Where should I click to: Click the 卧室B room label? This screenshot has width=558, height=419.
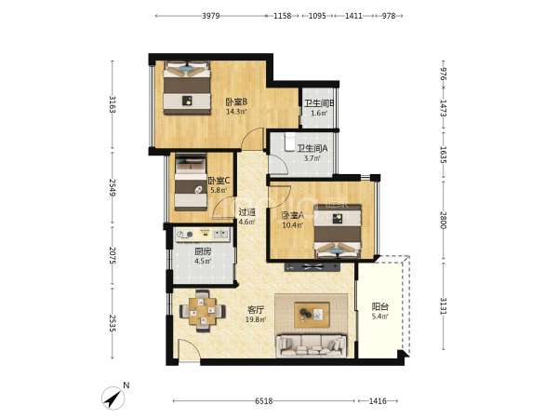pos(236,101)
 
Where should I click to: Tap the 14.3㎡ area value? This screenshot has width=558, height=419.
pos(236,112)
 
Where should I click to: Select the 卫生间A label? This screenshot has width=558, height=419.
pos(312,148)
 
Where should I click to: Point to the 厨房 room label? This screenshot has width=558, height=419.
pos(203,251)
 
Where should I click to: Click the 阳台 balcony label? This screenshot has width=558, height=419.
pos(379,306)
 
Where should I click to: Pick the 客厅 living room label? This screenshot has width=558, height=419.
pos(256,310)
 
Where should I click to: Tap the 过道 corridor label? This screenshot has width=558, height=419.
pos(247,212)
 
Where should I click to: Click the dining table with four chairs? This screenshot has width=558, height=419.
pos(203,311)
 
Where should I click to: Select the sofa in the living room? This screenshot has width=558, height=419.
pos(312,345)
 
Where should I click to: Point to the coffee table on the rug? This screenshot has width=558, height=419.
pos(312,315)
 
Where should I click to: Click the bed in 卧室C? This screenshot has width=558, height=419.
pos(191,182)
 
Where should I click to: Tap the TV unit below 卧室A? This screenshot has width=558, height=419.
pos(312,267)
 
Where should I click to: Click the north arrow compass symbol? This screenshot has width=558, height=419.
pos(114,398)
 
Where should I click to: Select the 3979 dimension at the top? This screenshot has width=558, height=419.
pos(211,16)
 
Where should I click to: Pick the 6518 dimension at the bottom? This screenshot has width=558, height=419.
pos(264,400)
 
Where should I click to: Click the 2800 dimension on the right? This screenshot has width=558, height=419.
pos(443,220)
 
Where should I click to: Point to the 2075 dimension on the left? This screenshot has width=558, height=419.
pos(113,255)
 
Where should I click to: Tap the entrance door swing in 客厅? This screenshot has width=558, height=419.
pos(189,351)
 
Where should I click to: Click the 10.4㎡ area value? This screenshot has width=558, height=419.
pos(292,225)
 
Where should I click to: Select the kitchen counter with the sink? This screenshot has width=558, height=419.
pos(203,234)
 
